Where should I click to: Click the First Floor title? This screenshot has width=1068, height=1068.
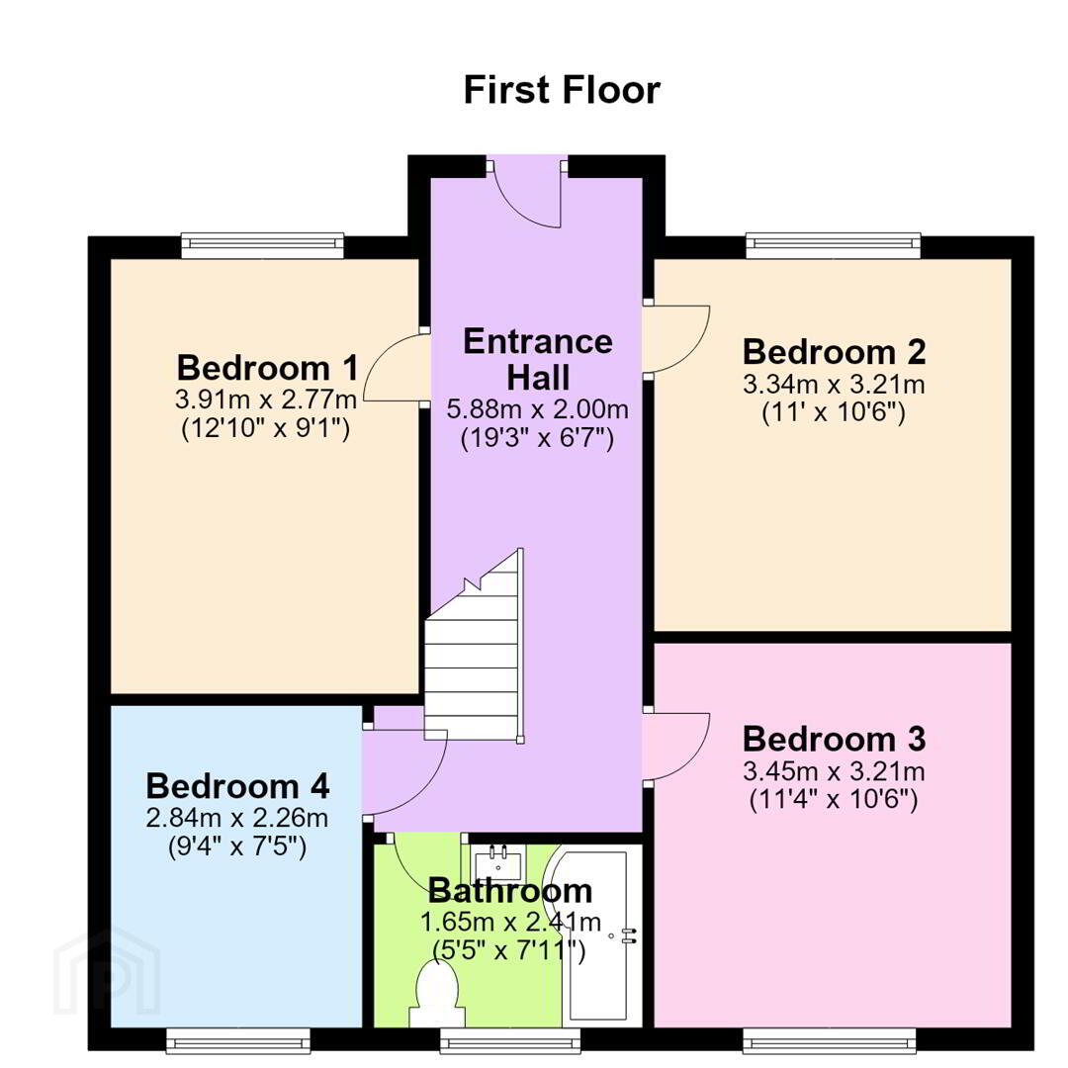click(x=562, y=90)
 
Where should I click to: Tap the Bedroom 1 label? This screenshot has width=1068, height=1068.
click(x=268, y=368)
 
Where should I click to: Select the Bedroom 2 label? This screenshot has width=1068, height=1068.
click(x=835, y=352)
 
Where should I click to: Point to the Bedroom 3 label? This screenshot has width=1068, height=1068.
click(x=835, y=739)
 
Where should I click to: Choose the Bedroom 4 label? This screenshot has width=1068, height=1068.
click(x=237, y=786)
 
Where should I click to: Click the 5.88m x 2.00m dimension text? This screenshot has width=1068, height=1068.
click(x=537, y=409)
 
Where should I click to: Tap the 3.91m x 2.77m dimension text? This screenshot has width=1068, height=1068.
click(x=266, y=400)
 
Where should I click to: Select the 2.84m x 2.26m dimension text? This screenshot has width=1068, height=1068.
click(x=237, y=818)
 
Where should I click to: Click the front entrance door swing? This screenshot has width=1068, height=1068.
click(x=526, y=194)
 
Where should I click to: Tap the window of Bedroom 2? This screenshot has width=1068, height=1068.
click(x=834, y=246)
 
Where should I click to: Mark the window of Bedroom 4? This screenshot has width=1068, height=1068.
click(x=238, y=1040)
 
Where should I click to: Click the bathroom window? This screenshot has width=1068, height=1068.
click(x=510, y=1040)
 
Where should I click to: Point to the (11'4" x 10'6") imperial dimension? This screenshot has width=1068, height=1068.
click(x=834, y=799)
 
